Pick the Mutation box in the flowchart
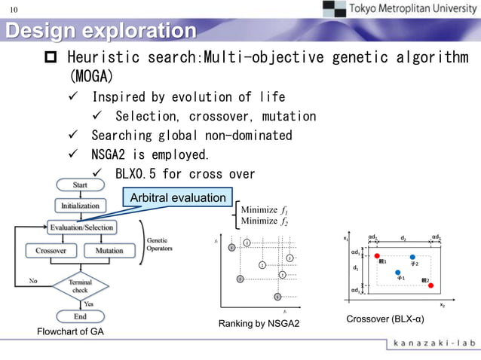pyautogui.click(x=110, y=250)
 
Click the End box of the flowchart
pyautogui.click(x=80, y=316)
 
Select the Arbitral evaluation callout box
pyautogui.click(x=178, y=198)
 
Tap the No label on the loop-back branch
pyautogui.click(x=33, y=280)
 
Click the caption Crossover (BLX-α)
pyautogui.click(x=384, y=319)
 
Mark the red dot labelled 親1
pyautogui.click(x=376, y=256)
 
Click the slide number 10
pyautogui.click(x=14, y=10)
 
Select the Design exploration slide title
pyautogui.click(x=100, y=32)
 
